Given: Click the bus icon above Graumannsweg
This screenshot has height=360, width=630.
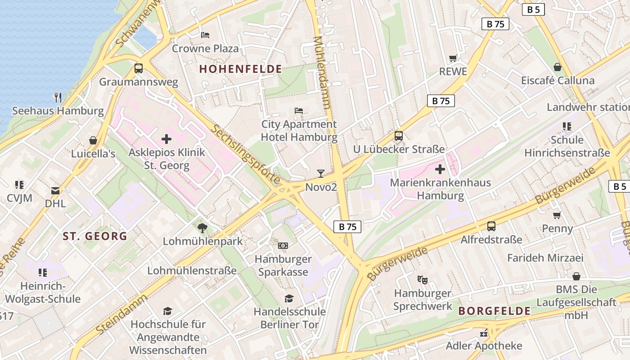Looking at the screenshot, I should (x=139, y=68).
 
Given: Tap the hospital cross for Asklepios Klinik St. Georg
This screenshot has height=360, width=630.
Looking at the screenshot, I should (x=166, y=139).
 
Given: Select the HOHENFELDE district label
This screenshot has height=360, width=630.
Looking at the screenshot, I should (x=240, y=69).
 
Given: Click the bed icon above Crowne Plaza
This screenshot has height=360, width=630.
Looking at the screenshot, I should (x=205, y=35).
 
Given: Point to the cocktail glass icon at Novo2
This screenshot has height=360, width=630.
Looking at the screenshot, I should (x=320, y=173).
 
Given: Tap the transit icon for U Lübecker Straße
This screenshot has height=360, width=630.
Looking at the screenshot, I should (x=398, y=135).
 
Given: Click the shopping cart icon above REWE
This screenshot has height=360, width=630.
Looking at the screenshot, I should (x=453, y=58).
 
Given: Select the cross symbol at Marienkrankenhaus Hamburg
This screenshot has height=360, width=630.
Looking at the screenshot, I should (x=440, y=169).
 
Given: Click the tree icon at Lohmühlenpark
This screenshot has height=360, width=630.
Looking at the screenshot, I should (x=202, y=228).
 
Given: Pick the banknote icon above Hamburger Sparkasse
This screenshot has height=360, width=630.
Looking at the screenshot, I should (x=283, y=245).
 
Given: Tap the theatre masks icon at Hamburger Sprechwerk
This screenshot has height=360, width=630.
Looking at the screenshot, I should (x=422, y=279).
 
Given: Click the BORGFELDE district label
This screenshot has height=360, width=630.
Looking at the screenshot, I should (x=494, y=311).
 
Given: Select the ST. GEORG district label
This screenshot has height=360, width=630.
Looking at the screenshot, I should (x=94, y=236).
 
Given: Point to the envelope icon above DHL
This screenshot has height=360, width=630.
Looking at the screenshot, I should (x=55, y=190).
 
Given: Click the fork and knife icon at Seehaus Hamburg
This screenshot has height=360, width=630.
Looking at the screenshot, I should (x=58, y=97).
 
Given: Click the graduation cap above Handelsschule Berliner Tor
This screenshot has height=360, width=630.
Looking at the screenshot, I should (x=289, y=298).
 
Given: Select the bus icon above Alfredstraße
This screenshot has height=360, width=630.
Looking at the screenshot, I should (x=491, y=226).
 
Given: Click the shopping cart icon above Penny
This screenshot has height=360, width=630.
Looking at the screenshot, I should (x=557, y=215).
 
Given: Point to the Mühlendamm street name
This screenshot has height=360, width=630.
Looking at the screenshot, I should (x=322, y=72).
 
